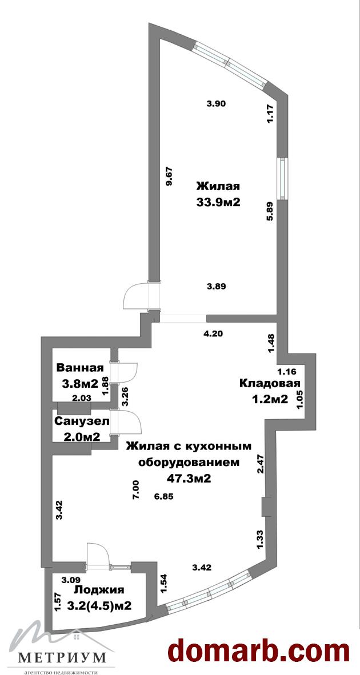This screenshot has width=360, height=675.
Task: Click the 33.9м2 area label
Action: coord(218,202)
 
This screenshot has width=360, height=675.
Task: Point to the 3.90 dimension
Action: coord(216,103)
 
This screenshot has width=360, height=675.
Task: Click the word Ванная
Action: coord(80,368)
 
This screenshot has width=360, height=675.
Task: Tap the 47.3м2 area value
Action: coord(188,479)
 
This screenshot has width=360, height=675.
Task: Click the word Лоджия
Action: coord(99,590)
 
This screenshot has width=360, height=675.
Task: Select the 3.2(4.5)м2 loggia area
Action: coord(99,606)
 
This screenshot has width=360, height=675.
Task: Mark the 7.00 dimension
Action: coord(135,490)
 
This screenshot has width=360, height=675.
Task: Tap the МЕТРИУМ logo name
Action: coord(62,657)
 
